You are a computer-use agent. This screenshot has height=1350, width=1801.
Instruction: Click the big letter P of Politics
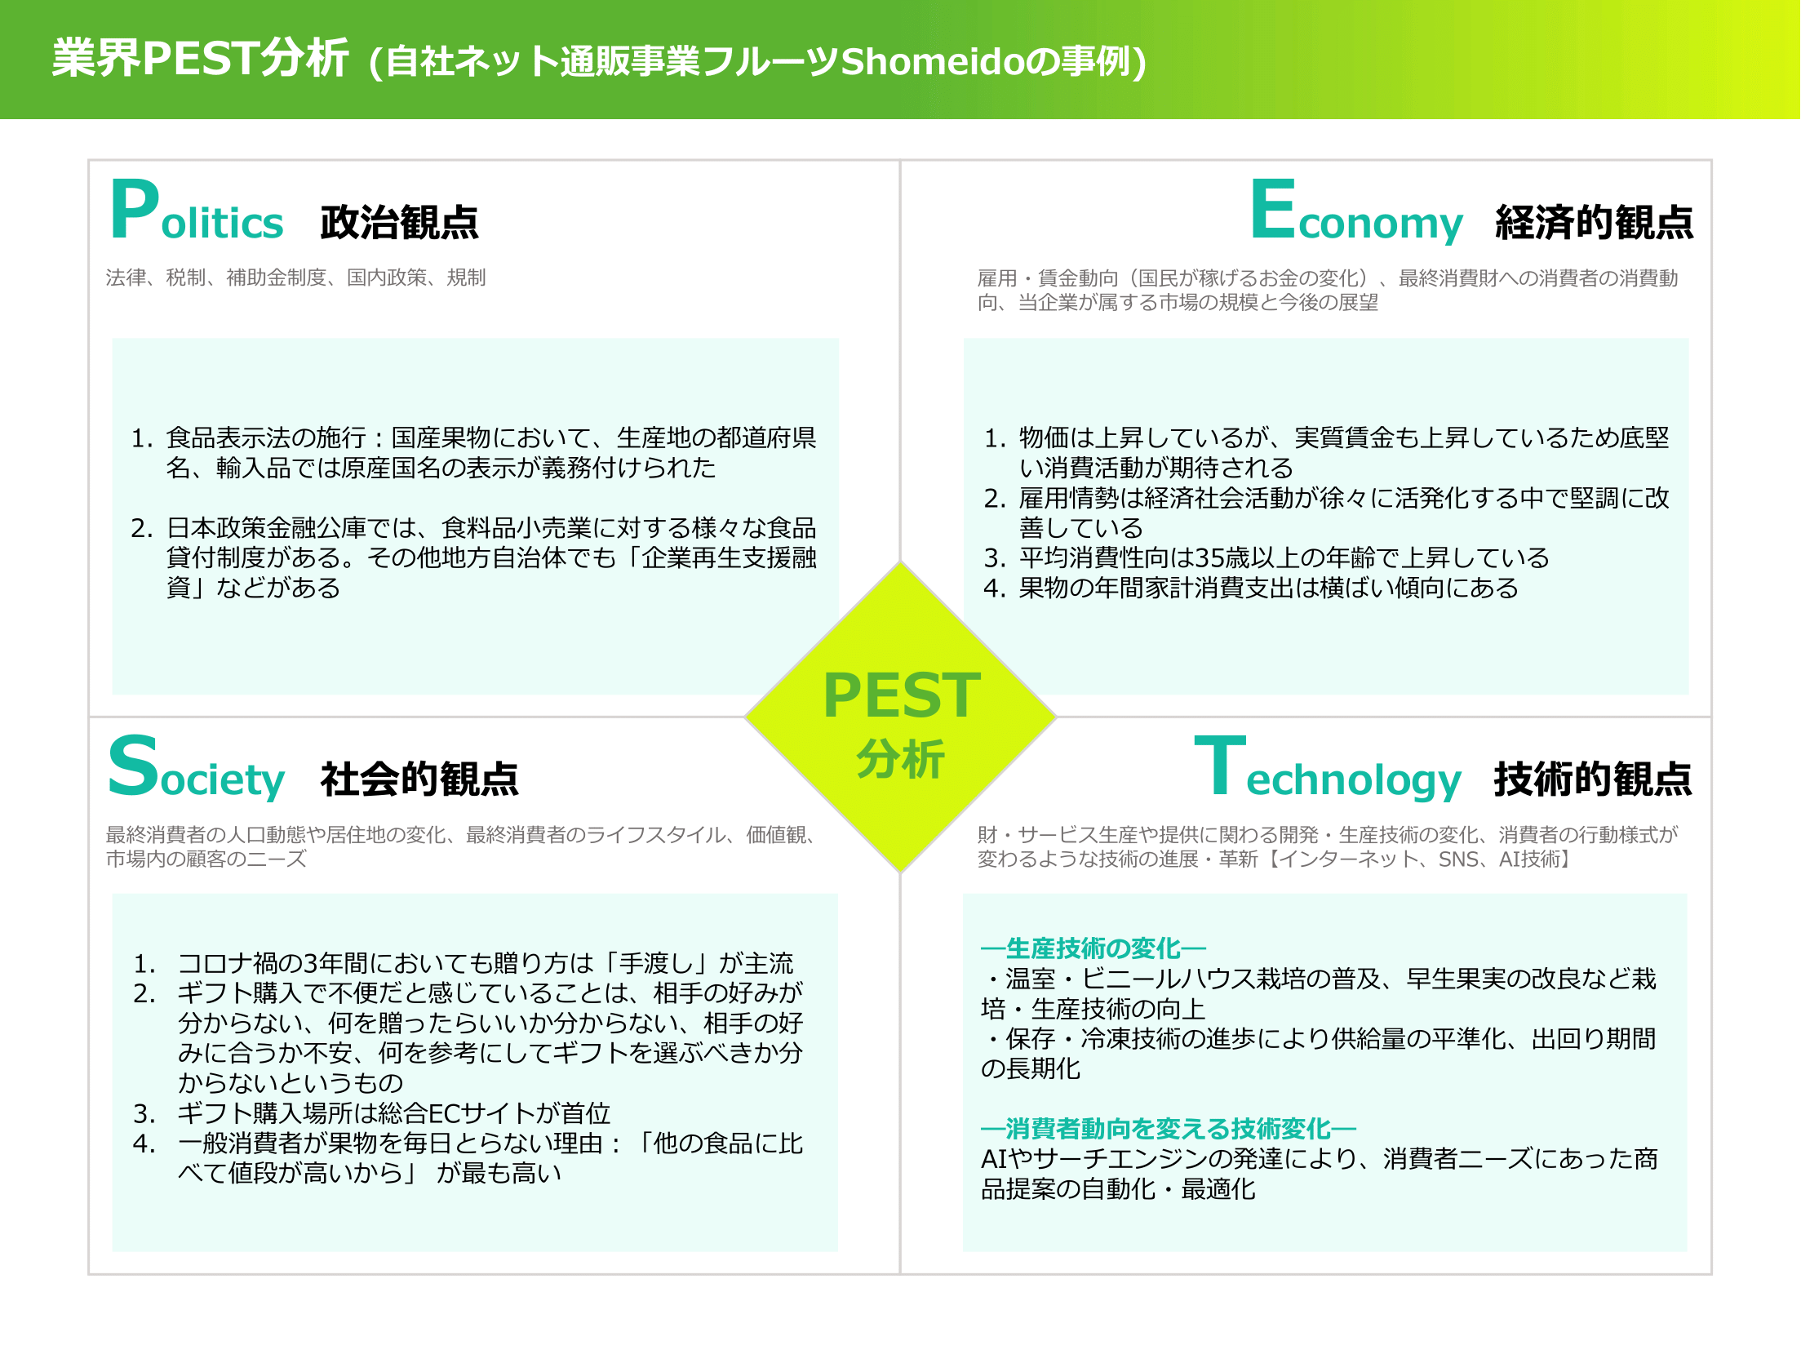[x=135, y=210]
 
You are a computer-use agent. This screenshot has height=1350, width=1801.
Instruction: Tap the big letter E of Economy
[x=1273, y=210]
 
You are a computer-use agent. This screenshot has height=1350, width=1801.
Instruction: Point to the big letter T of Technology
[x=1220, y=765]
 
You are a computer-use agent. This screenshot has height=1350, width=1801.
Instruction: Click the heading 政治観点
[x=399, y=222]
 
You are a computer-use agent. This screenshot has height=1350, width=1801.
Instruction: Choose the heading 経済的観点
[x=1594, y=222]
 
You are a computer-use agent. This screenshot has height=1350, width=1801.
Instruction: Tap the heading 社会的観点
[x=419, y=779]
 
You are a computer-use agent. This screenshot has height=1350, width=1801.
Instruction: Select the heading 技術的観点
[x=1593, y=779]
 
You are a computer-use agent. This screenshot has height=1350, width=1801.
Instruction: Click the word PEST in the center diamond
[x=902, y=695]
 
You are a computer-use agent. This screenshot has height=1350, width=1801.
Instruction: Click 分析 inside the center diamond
[x=901, y=759]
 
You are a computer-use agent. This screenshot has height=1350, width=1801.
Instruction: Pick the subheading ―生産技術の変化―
[x=1093, y=948]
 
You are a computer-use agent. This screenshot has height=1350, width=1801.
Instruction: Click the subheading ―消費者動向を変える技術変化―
[x=1169, y=1129]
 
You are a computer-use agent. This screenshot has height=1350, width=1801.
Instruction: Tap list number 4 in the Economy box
[x=995, y=588]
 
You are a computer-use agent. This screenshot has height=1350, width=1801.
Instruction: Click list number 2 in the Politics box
[x=142, y=528]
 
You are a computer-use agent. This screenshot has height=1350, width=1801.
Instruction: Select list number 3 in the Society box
[x=144, y=1114]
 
